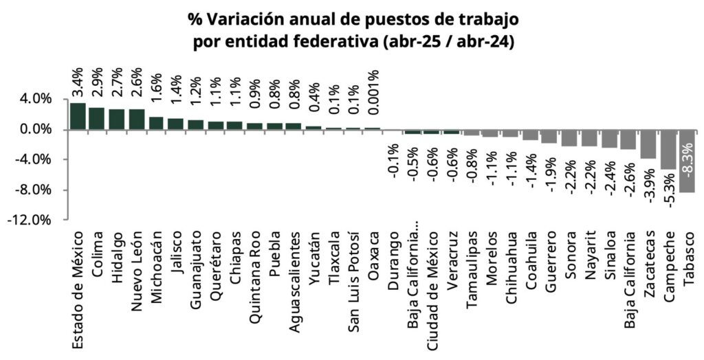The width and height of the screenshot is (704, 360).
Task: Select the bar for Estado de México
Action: click(x=78, y=116)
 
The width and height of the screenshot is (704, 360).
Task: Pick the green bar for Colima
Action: click(x=97, y=118)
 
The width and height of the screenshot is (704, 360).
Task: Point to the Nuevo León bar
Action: click(x=137, y=119)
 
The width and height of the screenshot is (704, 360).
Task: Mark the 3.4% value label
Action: click(x=78, y=81)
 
